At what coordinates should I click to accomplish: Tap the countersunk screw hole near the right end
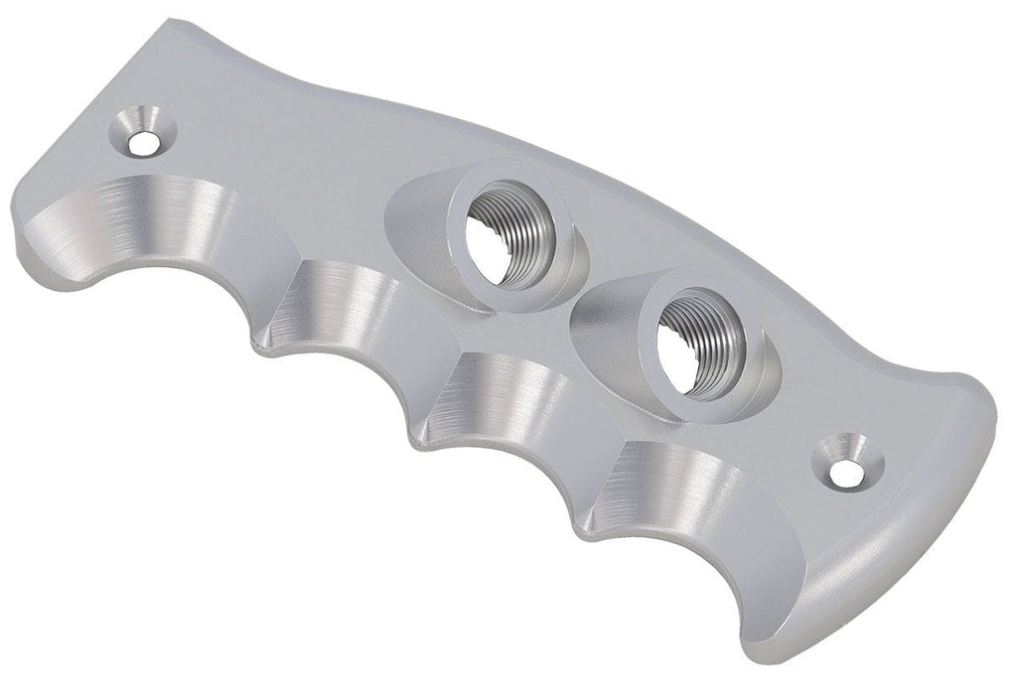pos(845,474)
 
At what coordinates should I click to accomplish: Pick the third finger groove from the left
pos(506,397)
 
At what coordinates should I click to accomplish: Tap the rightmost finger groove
pos(685,496)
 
